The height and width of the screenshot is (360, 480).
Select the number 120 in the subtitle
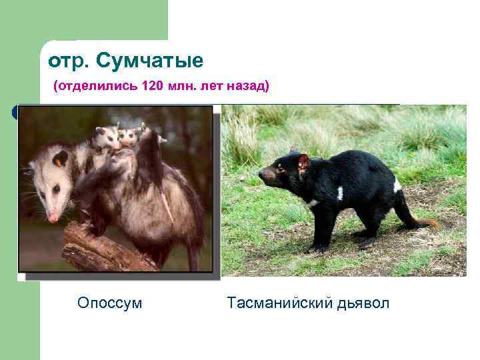pyautogui.click(x=153, y=87)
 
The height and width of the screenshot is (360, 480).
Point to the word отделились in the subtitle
pyautogui.click(x=98, y=87)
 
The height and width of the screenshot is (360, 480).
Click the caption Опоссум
pyautogui.click(x=110, y=303)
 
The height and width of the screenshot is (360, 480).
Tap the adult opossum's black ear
pyautogui.click(x=61, y=159)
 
